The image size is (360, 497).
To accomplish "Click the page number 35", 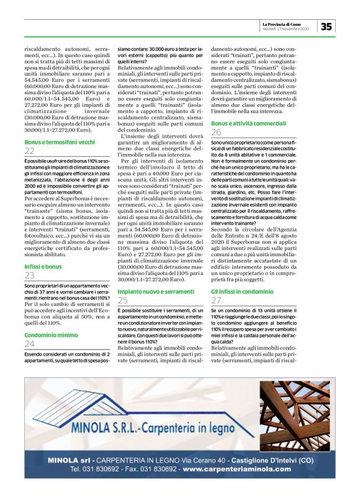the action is [x=327, y=26].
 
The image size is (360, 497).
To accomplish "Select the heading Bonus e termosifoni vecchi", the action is [x=60, y=142].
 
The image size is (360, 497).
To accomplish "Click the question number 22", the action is [x=30, y=151].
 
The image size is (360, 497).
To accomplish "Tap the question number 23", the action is [x=30, y=275].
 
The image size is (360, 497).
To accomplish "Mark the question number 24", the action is [x=30, y=343].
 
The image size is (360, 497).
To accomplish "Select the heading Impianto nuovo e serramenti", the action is [x=156, y=290].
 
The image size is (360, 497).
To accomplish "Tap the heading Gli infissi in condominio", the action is [x=245, y=291].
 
